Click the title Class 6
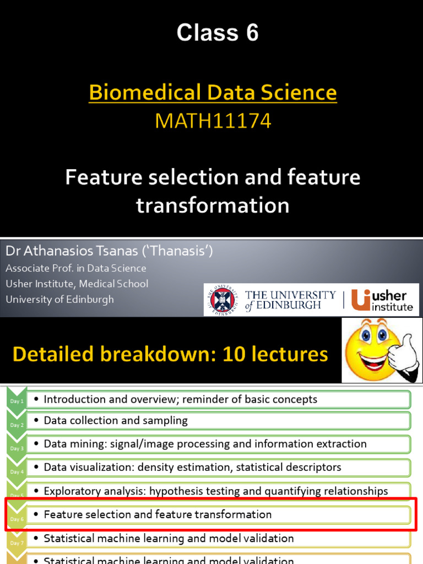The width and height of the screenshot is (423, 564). click(218, 34)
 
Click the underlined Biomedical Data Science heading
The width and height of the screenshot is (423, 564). click(213, 93)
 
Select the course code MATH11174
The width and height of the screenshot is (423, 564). click(213, 121)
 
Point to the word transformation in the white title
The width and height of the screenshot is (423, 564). click(213, 205)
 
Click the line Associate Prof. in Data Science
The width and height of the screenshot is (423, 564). click(76, 268)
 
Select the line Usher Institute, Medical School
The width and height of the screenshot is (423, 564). click(77, 284)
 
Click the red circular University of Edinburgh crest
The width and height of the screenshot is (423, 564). click(223, 300)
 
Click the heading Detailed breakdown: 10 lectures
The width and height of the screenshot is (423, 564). click(170, 354)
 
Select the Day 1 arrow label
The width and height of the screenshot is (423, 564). click(17, 401)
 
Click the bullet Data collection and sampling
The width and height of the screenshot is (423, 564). click(116, 420)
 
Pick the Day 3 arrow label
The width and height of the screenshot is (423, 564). click(17, 448)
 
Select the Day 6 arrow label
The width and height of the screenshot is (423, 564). click(17, 519)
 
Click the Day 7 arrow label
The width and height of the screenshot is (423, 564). click(17, 543)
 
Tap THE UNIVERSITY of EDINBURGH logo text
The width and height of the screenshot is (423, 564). click(290, 300)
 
